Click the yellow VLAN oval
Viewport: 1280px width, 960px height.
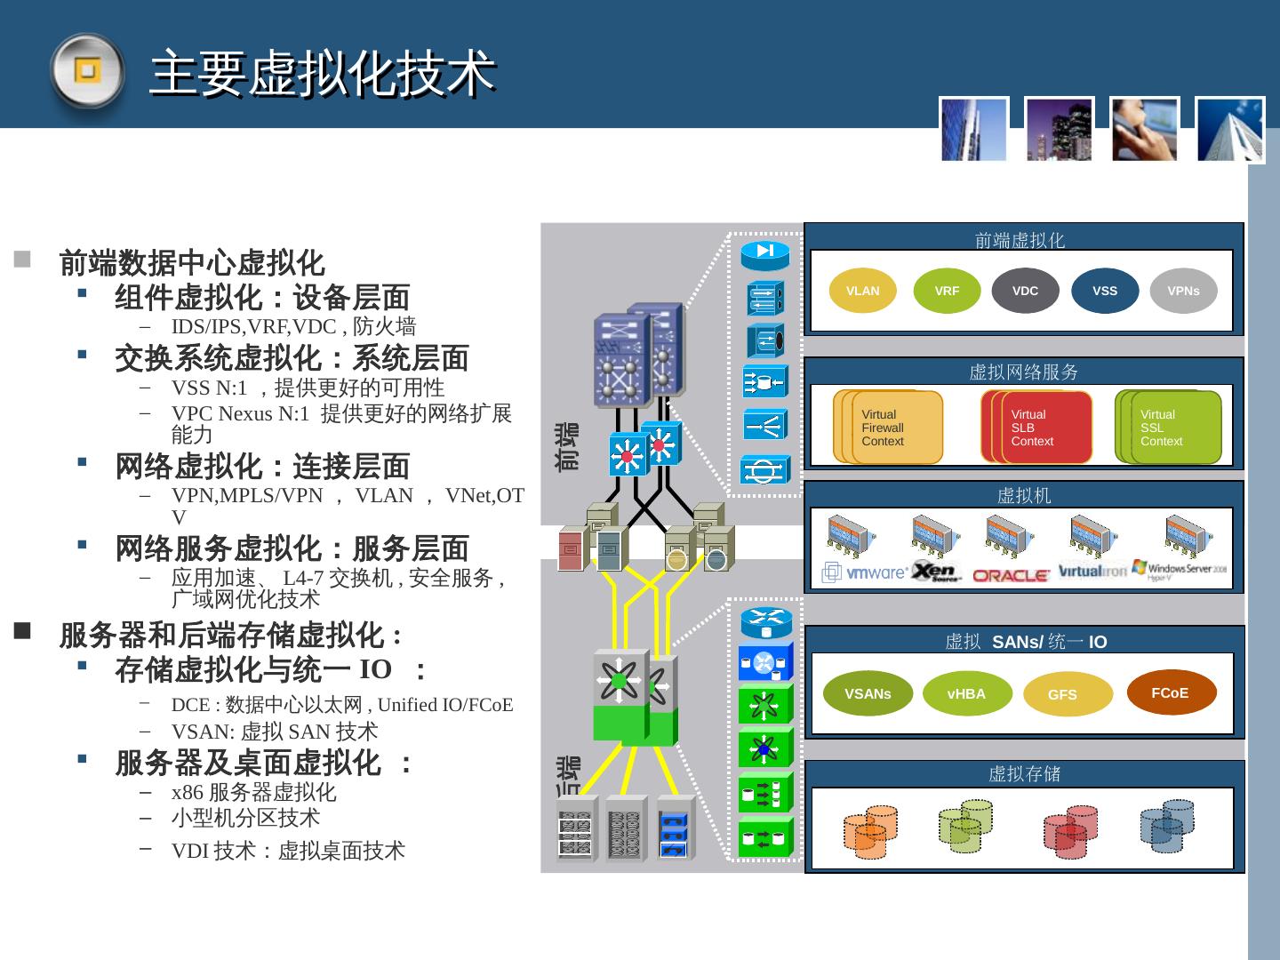point(862,291)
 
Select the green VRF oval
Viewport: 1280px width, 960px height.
point(947,291)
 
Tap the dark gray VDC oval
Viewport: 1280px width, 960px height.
point(1025,291)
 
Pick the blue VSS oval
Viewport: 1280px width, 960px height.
point(1104,291)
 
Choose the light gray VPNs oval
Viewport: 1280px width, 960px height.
point(1183,291)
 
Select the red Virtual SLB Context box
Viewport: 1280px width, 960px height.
point(1041,428)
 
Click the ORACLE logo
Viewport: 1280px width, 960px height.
point(1010,575)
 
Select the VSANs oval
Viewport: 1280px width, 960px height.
point(868,693)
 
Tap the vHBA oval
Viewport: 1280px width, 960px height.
point(966,693)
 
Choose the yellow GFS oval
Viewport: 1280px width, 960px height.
point(1062,694)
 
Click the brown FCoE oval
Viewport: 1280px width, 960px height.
point(1170,692)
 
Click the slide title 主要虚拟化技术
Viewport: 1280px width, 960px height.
point(323,73)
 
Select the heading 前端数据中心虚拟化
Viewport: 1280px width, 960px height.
point(192,263)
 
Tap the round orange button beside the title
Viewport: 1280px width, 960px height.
point(86,70)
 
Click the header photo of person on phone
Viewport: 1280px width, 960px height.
point(1144,130)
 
